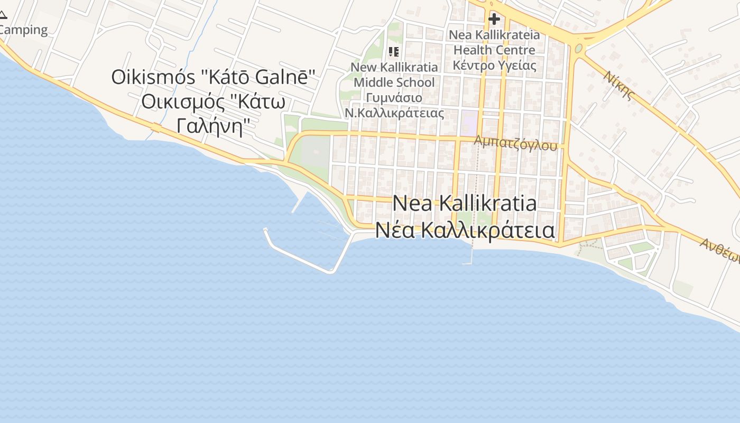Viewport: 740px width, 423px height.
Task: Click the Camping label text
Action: click(x=24, y=30)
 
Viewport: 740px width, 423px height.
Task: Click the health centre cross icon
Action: click(x=494, y=20)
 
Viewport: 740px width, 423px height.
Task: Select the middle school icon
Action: click(x=393, y=51)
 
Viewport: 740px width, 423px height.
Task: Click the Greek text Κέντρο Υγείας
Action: click(x=494, y=66)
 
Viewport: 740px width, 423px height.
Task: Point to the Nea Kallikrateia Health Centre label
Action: click(x=494, y=42)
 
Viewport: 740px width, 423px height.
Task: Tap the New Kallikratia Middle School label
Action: click(x=394, y=75)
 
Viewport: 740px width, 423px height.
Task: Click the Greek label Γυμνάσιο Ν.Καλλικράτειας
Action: click(x=394, y=105)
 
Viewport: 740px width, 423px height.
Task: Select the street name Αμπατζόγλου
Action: click(x=515, y=143)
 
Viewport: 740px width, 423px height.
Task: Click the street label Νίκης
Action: click(x=619, y=85)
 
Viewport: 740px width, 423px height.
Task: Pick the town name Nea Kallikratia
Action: click(x=465, y=204)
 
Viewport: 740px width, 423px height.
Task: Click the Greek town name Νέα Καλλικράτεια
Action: click(x=465, y=231)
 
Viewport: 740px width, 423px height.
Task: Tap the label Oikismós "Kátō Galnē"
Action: click(x=213, y=77)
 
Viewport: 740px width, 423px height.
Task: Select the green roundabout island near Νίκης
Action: click(x=579, y=49)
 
